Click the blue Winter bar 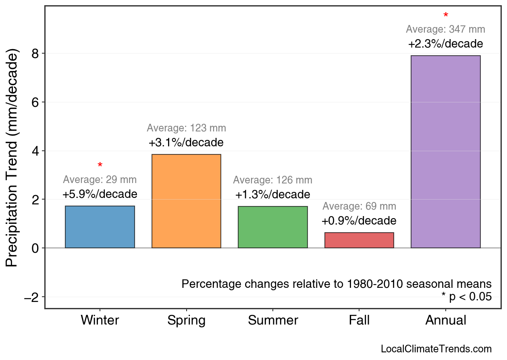click(x=100, y=227)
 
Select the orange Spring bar click(x=186, y=201)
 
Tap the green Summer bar click(x=273, y=227)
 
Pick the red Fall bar click(x=359, y=240)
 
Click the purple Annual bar click(x=445, y=152)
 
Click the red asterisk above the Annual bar click(x=445, y=16)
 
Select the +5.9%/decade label click(x=100, y=194)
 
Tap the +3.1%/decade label click(x=186, y=143)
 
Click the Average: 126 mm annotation click(x=273, y=180)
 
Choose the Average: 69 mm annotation click(x=359, y=206)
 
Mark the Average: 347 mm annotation click(x=445, y=29)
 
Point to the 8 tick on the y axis click(x=36, y=54)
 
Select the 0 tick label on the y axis click(x=36, y=248)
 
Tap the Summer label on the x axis click(x=273, y=320)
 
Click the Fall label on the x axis click(x=359, y=320)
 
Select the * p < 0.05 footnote click(x=466, y=297)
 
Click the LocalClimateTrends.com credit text click(x=436, y=349)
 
